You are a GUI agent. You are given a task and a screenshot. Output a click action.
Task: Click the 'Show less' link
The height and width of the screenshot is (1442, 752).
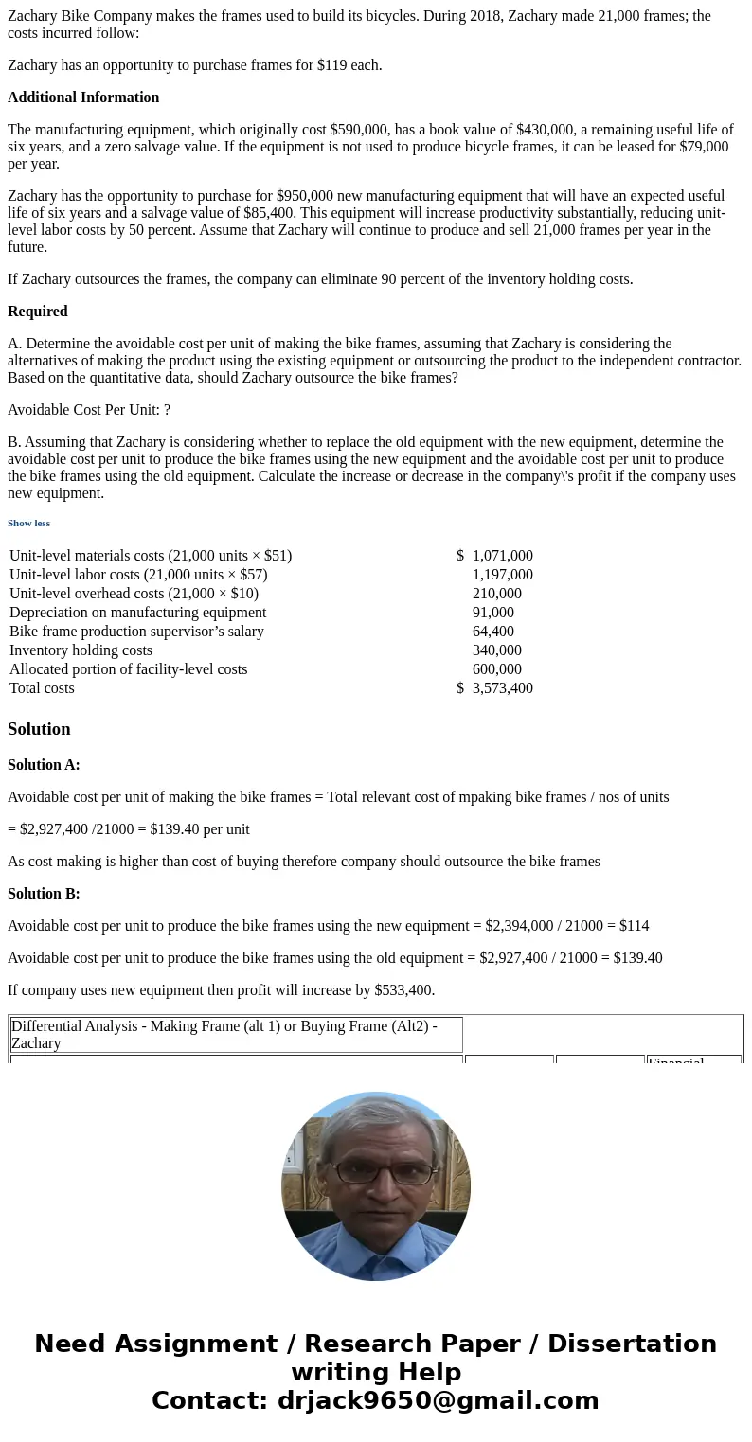tap(28, 523)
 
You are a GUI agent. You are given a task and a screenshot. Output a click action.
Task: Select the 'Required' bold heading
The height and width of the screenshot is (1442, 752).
tap(38, 312)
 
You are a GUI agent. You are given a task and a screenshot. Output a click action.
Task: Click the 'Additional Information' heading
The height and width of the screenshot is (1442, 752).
tap(83, 98)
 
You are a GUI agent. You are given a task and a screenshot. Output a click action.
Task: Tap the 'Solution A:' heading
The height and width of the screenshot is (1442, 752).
tap(44, 765)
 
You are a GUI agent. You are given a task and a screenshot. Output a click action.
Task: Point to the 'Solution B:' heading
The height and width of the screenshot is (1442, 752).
tap(44, 894)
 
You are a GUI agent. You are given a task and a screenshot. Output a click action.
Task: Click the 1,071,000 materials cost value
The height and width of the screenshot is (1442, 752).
tap(502, 556)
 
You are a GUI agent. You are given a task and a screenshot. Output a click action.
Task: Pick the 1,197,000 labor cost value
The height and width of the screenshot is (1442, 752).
tap(502, 575)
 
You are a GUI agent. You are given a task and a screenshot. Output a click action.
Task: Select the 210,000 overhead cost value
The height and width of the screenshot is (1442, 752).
tap(496, 594)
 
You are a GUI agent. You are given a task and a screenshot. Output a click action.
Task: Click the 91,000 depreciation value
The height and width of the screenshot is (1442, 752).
tap(492, 613)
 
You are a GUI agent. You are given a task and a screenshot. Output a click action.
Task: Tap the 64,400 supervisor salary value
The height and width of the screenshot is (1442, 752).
tap(492, 632)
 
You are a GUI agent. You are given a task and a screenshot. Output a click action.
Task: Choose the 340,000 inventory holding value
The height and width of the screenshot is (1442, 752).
tap(496, 650)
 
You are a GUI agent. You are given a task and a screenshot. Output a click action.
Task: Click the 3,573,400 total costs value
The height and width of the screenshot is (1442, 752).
tap(502, 688)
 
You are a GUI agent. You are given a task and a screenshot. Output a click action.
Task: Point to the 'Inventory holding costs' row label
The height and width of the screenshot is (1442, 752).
tap(81, 650)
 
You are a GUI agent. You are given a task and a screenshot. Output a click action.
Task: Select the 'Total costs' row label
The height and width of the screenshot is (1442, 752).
tap(42, 688)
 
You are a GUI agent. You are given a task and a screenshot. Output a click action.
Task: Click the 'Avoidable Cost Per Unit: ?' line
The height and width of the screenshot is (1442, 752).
tap(89, 410)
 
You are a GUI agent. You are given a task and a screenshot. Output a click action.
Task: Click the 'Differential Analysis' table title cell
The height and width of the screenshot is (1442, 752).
tap(236, 1034)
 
